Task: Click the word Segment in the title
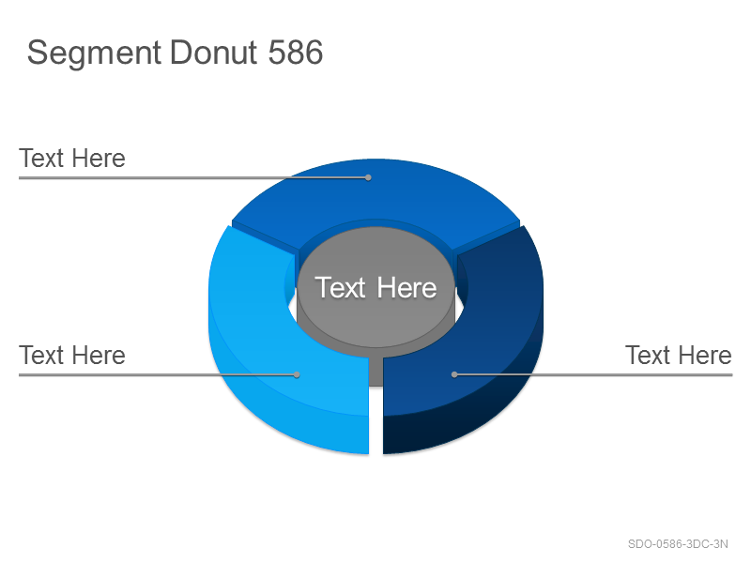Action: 94,53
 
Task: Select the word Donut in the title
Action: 214,53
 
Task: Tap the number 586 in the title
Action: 296,53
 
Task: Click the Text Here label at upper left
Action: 72,158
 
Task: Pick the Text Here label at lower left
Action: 72,356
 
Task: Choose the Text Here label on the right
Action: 679,356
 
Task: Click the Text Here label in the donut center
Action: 375,287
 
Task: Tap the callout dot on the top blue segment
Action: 368,177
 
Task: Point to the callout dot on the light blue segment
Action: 297,374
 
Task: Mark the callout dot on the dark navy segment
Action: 454,374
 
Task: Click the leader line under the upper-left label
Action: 193,177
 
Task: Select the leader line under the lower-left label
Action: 158,374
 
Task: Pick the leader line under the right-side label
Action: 593,374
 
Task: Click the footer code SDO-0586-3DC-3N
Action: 678,544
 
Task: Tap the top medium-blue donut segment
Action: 376,196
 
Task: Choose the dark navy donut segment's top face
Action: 498,316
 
